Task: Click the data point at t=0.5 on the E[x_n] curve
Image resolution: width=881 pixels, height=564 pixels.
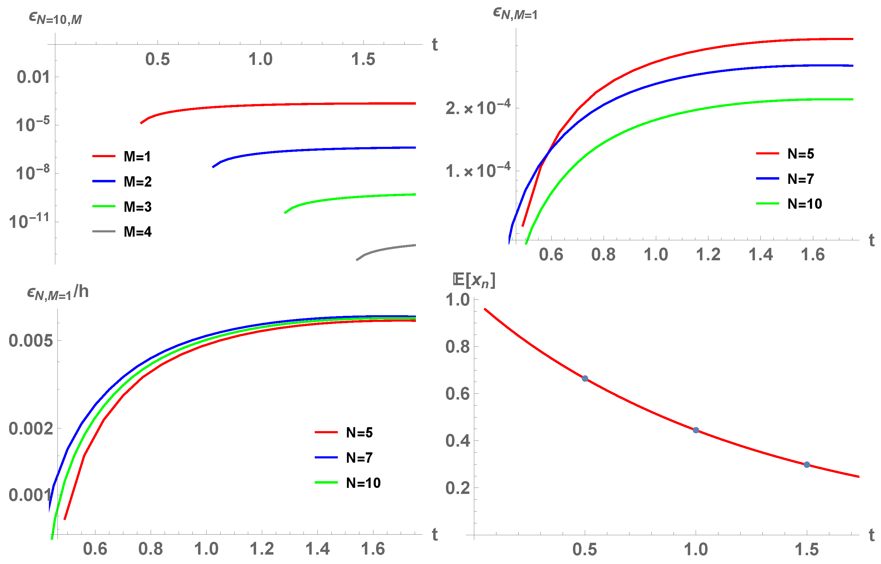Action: click(x=585, y=378)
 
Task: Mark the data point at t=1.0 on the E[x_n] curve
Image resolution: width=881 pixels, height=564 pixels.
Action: click(x=696, y=430)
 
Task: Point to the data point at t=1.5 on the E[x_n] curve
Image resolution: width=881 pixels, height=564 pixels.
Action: click(x=807, y=464)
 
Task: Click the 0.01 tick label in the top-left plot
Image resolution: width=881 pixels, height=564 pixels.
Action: click(x=33, y=77)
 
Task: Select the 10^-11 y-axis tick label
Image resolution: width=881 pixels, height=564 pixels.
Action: click(x=29, y=221)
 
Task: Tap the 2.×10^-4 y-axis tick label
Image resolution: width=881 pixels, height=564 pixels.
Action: click(x=478, y=108)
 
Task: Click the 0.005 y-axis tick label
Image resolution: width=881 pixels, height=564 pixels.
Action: click(x=30, y=341)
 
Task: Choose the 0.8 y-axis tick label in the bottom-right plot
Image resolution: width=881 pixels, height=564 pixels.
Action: click(x=457, y=346)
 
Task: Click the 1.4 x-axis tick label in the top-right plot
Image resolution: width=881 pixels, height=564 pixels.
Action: click(x=760, y=255)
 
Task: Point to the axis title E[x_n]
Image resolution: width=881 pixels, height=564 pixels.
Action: click(x=474, y=281)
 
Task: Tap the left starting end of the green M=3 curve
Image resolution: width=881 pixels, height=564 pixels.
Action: click(x=286, y=212)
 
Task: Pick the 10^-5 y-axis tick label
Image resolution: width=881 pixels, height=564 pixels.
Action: click(x=32, y=125)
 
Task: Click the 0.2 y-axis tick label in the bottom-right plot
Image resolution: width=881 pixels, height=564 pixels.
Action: click(x=457, y=488)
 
